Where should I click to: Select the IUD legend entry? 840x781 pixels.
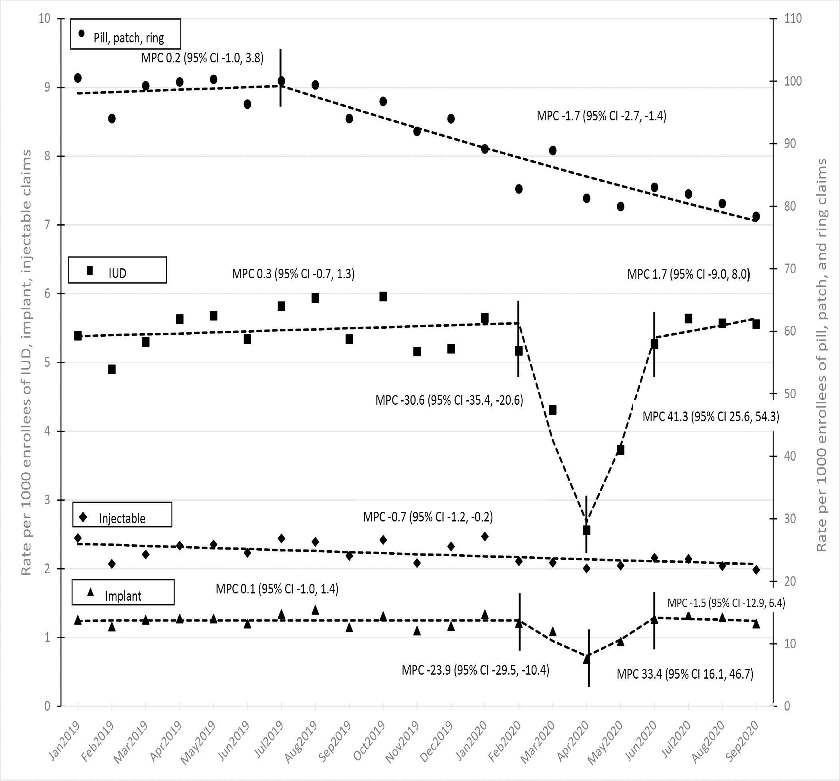pos(118,270)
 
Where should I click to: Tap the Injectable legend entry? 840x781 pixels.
pos(122,515)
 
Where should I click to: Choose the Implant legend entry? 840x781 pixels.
pos(123,592)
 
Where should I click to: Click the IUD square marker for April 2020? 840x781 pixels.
pos(586,530)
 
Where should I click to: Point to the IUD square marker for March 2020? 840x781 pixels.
pos(553,410)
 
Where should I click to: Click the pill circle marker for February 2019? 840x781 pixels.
pos(112,119)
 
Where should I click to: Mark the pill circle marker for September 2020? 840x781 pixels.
pos(756,216)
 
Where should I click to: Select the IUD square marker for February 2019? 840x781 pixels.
pos(112,370)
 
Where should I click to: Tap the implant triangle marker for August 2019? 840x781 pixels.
pos(315,610)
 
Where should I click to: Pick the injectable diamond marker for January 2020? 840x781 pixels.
pos(485,536)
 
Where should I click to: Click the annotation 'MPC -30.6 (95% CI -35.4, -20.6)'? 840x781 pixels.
pos(449,400)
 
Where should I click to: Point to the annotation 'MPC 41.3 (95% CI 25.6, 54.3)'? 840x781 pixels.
pos(711,417)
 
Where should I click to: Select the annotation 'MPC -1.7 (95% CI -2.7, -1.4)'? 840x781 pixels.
pos(601,116)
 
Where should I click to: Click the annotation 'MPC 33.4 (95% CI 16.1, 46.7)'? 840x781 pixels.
pos(685,674)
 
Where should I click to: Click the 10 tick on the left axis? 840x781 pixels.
pos(45,19)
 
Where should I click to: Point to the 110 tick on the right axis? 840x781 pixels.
pos(793,19)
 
